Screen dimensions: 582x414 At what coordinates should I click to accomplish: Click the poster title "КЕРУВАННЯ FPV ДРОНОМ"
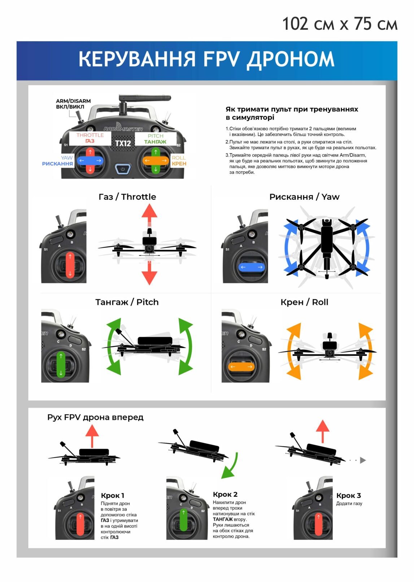click(x=206, y=59)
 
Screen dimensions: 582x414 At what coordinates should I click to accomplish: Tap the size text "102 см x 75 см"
click(x=339, y=24)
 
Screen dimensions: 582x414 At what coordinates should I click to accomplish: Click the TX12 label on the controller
click(x=123, y=143)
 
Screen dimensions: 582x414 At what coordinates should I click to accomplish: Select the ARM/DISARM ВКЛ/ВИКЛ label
click(x=73, y=104)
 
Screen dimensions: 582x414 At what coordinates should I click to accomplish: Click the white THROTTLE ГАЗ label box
click(x=90, y=138)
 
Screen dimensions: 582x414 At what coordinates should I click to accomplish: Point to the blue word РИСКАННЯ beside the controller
click(x=57, y=164)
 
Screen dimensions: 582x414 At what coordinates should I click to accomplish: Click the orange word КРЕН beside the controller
click(x=179, y=164)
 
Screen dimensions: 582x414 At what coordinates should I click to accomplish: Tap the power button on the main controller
click(x=123, y=169)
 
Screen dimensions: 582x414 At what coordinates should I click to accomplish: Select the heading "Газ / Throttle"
click(x=127, y=197)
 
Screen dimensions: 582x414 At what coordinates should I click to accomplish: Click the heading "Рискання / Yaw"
click(x=304, y=197)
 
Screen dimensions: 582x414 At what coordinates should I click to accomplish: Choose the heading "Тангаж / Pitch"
click(x=127, y=302)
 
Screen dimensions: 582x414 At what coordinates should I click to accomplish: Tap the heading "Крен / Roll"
click(x=304, y=302)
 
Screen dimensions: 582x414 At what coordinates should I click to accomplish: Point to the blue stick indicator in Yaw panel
click(x=251, y=267)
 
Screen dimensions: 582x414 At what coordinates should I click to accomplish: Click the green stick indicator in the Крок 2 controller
click(x=183, y=520)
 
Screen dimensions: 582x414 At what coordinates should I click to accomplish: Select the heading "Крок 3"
click(x=348, y=495)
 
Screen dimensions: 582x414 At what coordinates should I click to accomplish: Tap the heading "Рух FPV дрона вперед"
click(x=95, y=417)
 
